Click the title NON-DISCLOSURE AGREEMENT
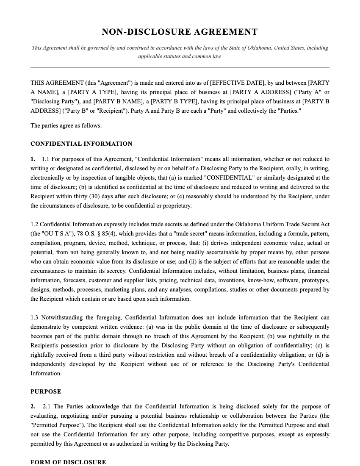pos(180,32)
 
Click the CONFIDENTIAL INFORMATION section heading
pos(81,144)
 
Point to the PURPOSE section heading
pos(46,391)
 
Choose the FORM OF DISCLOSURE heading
pos(68,462)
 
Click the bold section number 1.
pos(33,159)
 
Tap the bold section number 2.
pos(33,406)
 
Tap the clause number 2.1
pos(47,406)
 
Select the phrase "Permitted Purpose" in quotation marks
pos(57,425)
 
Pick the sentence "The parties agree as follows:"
pos(66,126)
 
